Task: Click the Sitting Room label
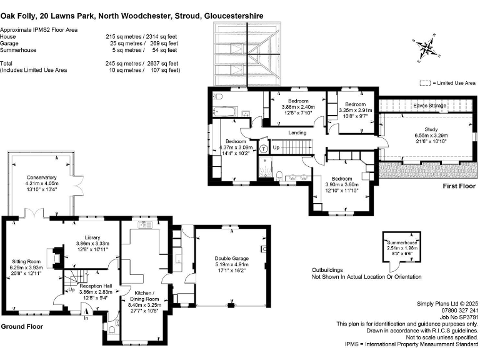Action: pos(26,261)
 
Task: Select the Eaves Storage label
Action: pos(430,106)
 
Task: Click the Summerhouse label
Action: pos(400,241)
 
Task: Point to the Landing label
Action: pos(297,132)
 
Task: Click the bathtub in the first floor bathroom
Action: pos(224,112)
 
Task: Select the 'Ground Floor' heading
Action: pos(22,327)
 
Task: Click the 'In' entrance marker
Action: pos(87,318)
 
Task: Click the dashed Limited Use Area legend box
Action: pos(426,82)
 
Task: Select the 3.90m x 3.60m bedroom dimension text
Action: pos(343,184)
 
